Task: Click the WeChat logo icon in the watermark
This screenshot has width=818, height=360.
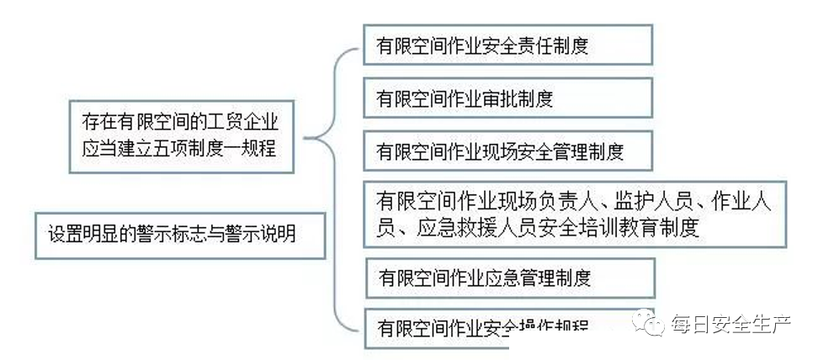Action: pyautogui.click(x=650, y=322)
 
